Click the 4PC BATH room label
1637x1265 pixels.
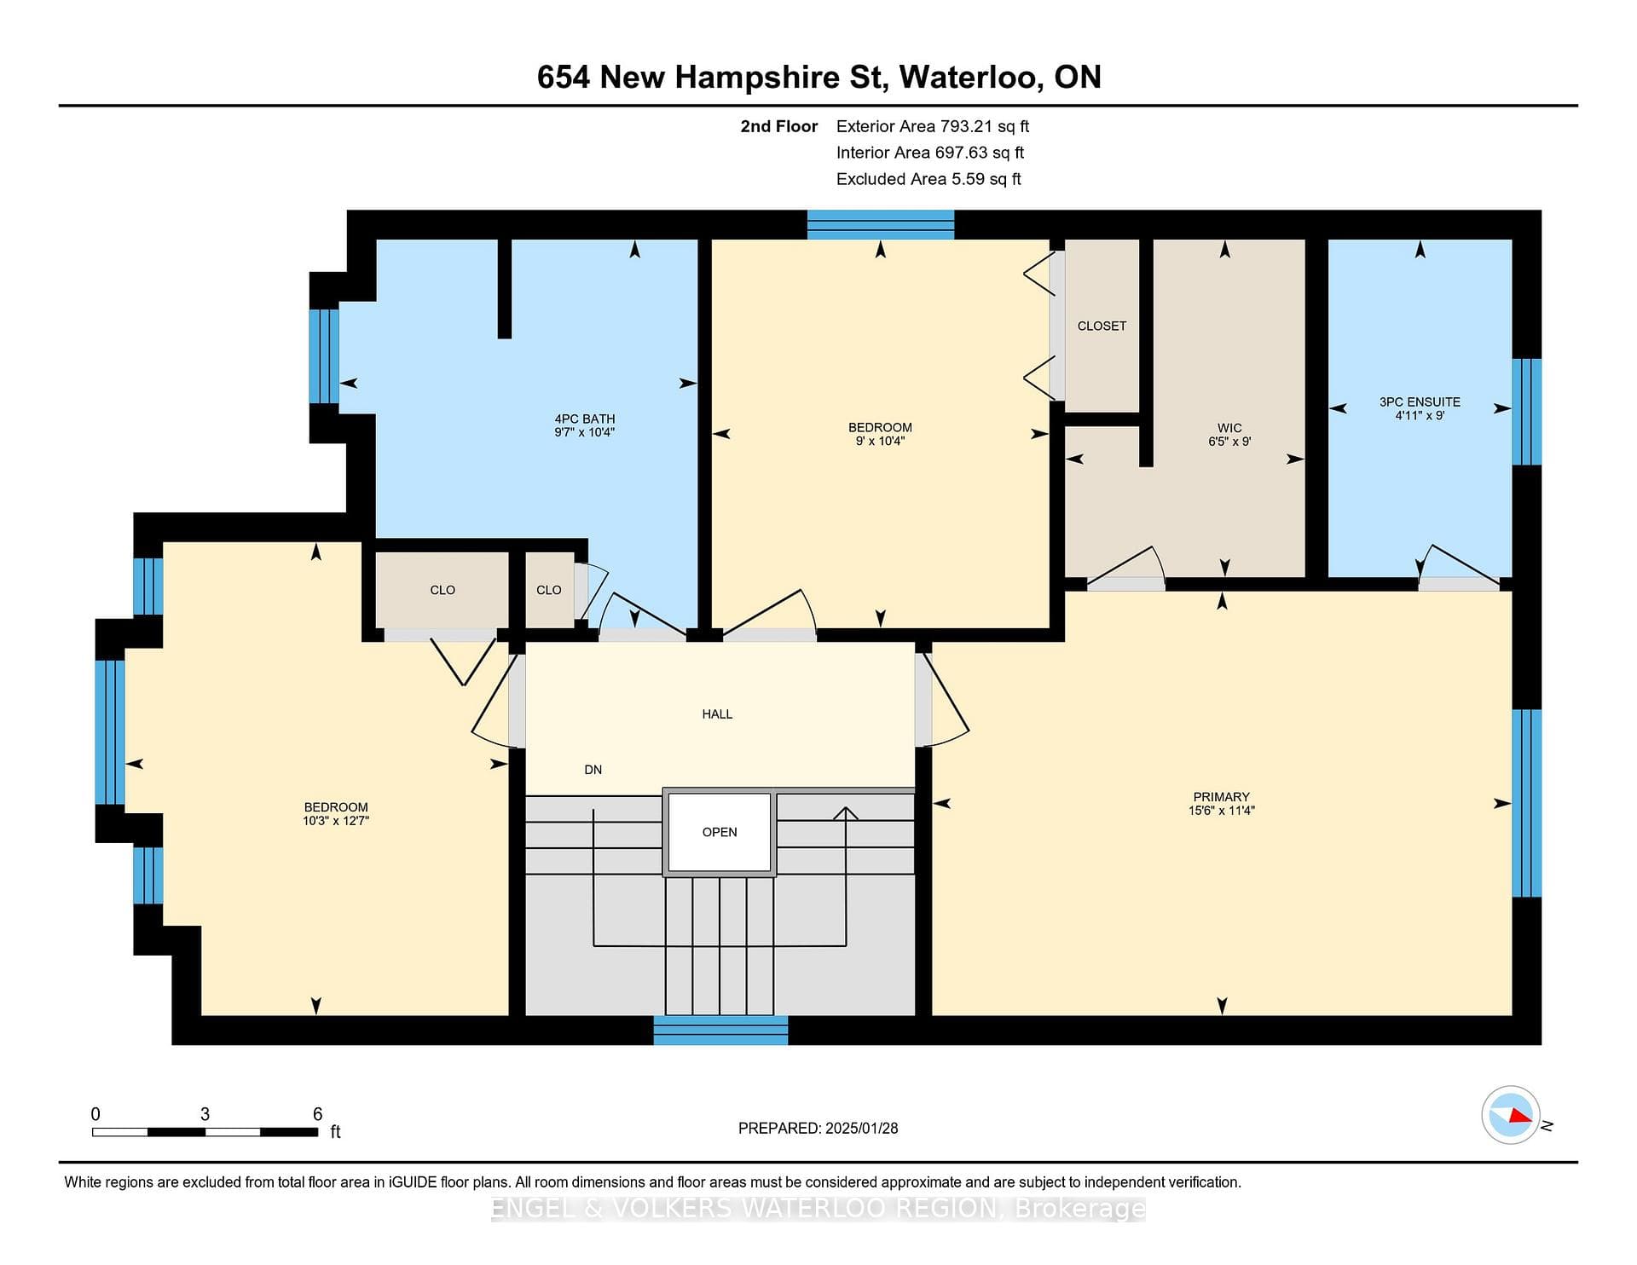(585, 419)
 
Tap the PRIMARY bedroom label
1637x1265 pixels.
(1222, 797)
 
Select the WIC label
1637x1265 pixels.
(1229, 428)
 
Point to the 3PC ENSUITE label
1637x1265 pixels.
(1420, 401)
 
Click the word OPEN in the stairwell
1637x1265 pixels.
(720, 832)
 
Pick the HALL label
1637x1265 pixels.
(717, 714)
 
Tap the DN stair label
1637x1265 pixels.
(593, 770)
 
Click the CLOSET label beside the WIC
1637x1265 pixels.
(1102, 326)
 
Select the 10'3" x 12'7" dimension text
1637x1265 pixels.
(336, 821)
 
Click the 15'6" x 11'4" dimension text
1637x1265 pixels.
(1222, 811)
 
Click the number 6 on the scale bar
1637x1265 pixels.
(317, 1114)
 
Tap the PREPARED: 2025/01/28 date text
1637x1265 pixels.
(818, 1128)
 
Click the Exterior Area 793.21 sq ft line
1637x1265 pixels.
(933, 126)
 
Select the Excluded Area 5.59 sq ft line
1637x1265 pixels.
(928, 179)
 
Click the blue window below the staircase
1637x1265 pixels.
(720, 1030)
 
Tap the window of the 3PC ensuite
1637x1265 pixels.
(1526, 412)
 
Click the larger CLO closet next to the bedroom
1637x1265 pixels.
(443, 590)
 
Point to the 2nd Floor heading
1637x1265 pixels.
(778, 126)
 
